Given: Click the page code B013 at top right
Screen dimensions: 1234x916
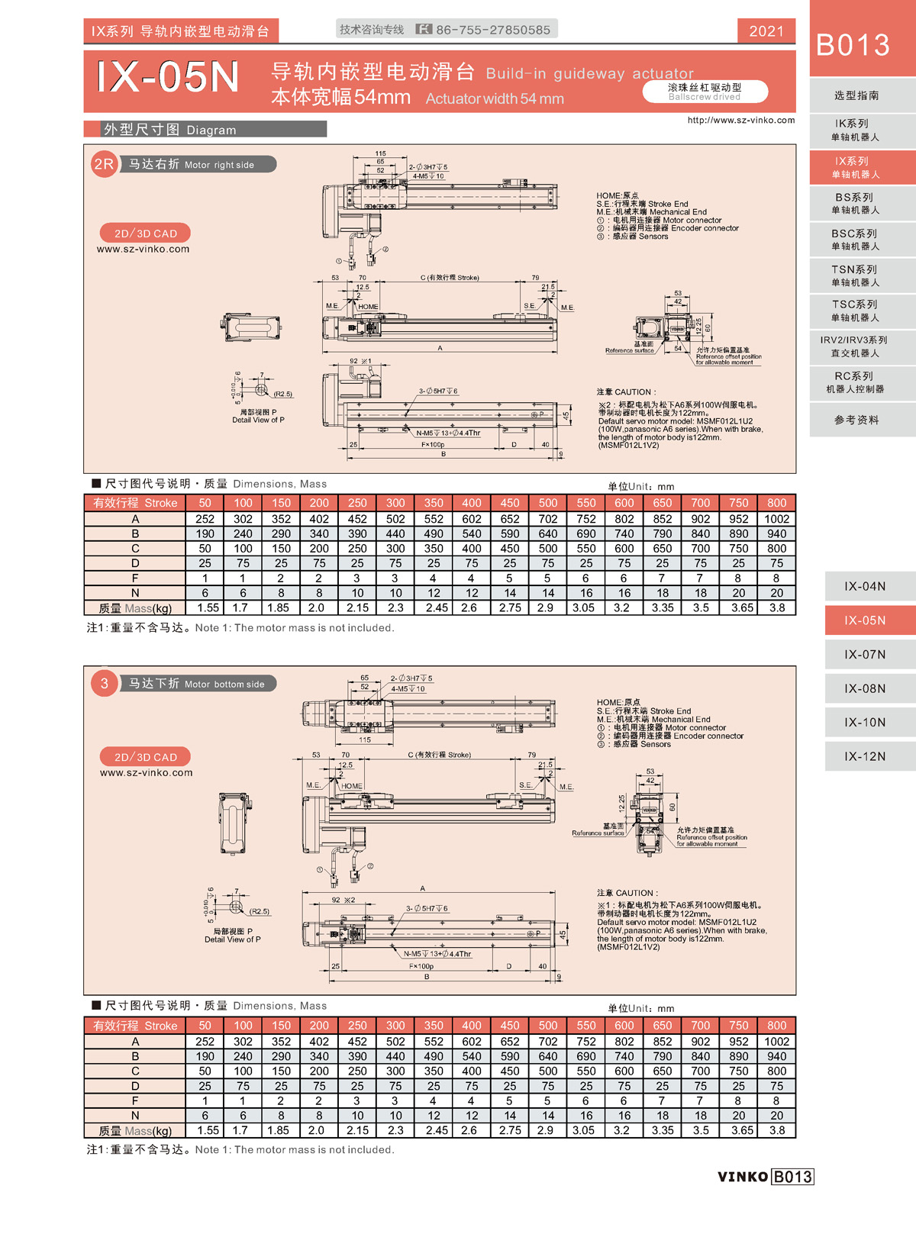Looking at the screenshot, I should pos(853,45).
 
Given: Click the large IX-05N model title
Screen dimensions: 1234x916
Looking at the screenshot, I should pos(168,77).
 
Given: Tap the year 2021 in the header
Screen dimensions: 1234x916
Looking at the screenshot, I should pos(766,31).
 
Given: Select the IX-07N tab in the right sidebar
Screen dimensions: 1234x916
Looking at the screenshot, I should pos(865,654).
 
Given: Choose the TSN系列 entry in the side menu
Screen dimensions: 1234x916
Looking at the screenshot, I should pos(855,275).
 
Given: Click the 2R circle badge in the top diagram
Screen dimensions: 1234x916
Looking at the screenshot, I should pos(104,164).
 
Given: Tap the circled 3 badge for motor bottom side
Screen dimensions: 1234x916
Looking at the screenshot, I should pos(105,683).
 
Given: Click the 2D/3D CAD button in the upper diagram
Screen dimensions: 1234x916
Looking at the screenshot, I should pos(145,234).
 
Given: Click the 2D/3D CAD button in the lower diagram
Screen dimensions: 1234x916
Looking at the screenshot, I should pos(145,757).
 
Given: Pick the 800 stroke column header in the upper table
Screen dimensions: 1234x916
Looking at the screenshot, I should pos(776,503).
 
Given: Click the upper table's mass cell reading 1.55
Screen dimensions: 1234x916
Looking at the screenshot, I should pos(208,608).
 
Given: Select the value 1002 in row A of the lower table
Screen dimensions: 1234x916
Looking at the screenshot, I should pos(776,1042).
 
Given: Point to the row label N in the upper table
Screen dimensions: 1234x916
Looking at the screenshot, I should pos(135,593).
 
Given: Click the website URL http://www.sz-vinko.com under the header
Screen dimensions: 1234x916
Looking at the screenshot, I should pos(740,120).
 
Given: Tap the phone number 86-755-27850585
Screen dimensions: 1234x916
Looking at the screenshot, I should pos(493,30).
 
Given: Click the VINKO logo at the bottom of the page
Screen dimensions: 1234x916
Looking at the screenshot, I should pos(743,1176).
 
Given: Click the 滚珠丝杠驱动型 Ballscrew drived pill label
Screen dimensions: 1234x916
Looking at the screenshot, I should pos(705,92).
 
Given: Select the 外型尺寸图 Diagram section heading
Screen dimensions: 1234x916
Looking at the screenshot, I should pos(170,130).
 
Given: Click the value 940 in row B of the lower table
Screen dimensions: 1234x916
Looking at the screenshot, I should pos(776,1056).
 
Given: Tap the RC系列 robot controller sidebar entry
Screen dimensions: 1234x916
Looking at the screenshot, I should pos(855,382).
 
